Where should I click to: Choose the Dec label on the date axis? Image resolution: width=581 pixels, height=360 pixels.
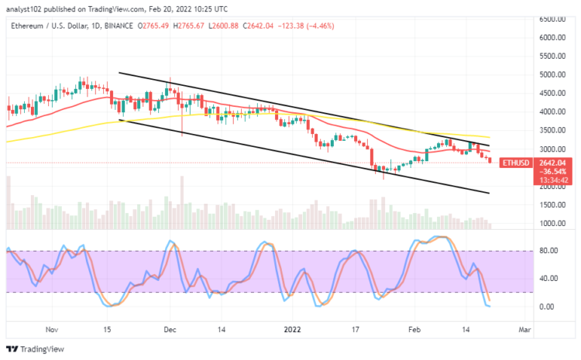[x=169, y=330]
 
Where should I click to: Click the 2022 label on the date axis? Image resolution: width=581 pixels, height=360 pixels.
[x=293, y=330]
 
